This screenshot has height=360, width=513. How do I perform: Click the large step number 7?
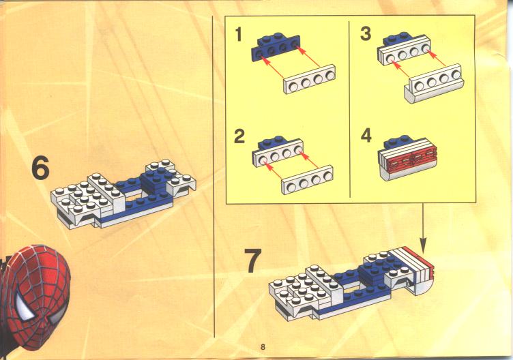[x=253, y=260]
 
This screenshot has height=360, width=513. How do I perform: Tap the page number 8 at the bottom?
[x=263, y=347]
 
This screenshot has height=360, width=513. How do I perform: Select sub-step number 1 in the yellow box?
[x=239, y=35]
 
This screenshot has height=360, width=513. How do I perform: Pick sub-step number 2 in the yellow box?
[x=239, y=136]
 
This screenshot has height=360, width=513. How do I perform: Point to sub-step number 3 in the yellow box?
[x=366, y=33]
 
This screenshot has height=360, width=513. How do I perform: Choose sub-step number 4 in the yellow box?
[x=366, y=135]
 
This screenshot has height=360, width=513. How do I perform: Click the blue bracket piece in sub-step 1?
[x=276, y=47]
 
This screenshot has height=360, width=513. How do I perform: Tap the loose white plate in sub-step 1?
[x=309, y=80]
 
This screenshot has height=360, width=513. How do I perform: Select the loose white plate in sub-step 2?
[x=307, y=180]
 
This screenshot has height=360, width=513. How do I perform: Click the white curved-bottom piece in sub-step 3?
[x=434, y=84]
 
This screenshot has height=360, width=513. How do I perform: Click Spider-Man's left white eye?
[x=25, y=305]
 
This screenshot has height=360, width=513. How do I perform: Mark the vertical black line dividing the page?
[x=214, y=177]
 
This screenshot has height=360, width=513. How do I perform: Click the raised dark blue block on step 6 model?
[x=156, y=180]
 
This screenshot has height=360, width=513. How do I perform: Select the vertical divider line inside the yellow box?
[x=350, y=110]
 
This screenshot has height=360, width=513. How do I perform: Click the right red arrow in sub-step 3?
[x=437, y=57]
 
